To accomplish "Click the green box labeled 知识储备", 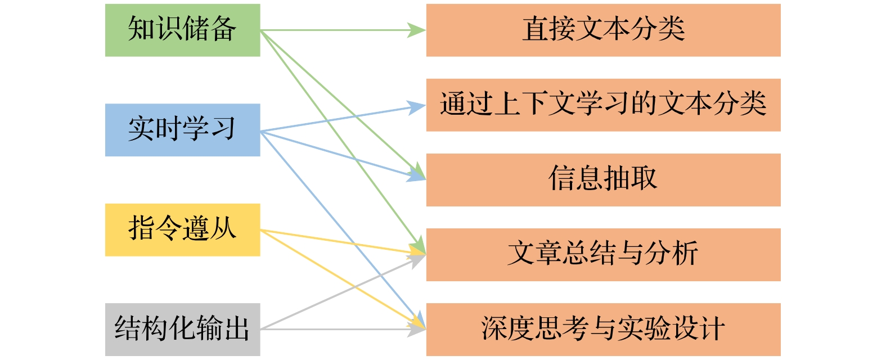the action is pyautogui.click(x=182, y=30).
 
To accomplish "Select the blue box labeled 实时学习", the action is pyautogui.click(x=182, y=130).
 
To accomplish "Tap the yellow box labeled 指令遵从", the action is pyautogui.click(x=182, y=230).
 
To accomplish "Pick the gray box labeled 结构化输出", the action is pyautogui.click(x=182, y=330).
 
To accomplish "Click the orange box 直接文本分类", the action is pyautogui.click(x=603, y=30).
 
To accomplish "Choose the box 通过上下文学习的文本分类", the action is pyautogui.click(x=603, y=105).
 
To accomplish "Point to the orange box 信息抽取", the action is pyautogui.click(x=603, y=180).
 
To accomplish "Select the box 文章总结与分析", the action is pyautogui.click(x=603, y=255).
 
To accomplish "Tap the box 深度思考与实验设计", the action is pyautogui.click(x=603, y=330).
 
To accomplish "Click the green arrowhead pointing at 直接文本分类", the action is pyautogui.click(x=417, y=30).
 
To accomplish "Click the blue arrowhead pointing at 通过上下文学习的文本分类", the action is pyautogui.click(x=417, y=106).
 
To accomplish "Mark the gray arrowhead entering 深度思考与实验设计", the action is pyautogui.click(x=417, y=330).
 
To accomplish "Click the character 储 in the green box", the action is pyautogui.click(x=195, y=29).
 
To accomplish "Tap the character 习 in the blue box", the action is pyautogui.click(x=223, y=128).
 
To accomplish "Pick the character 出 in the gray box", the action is pyautogui.click(x=237, y=328).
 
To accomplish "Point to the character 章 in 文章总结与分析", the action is pyautogui.click(x=548, y=253).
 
